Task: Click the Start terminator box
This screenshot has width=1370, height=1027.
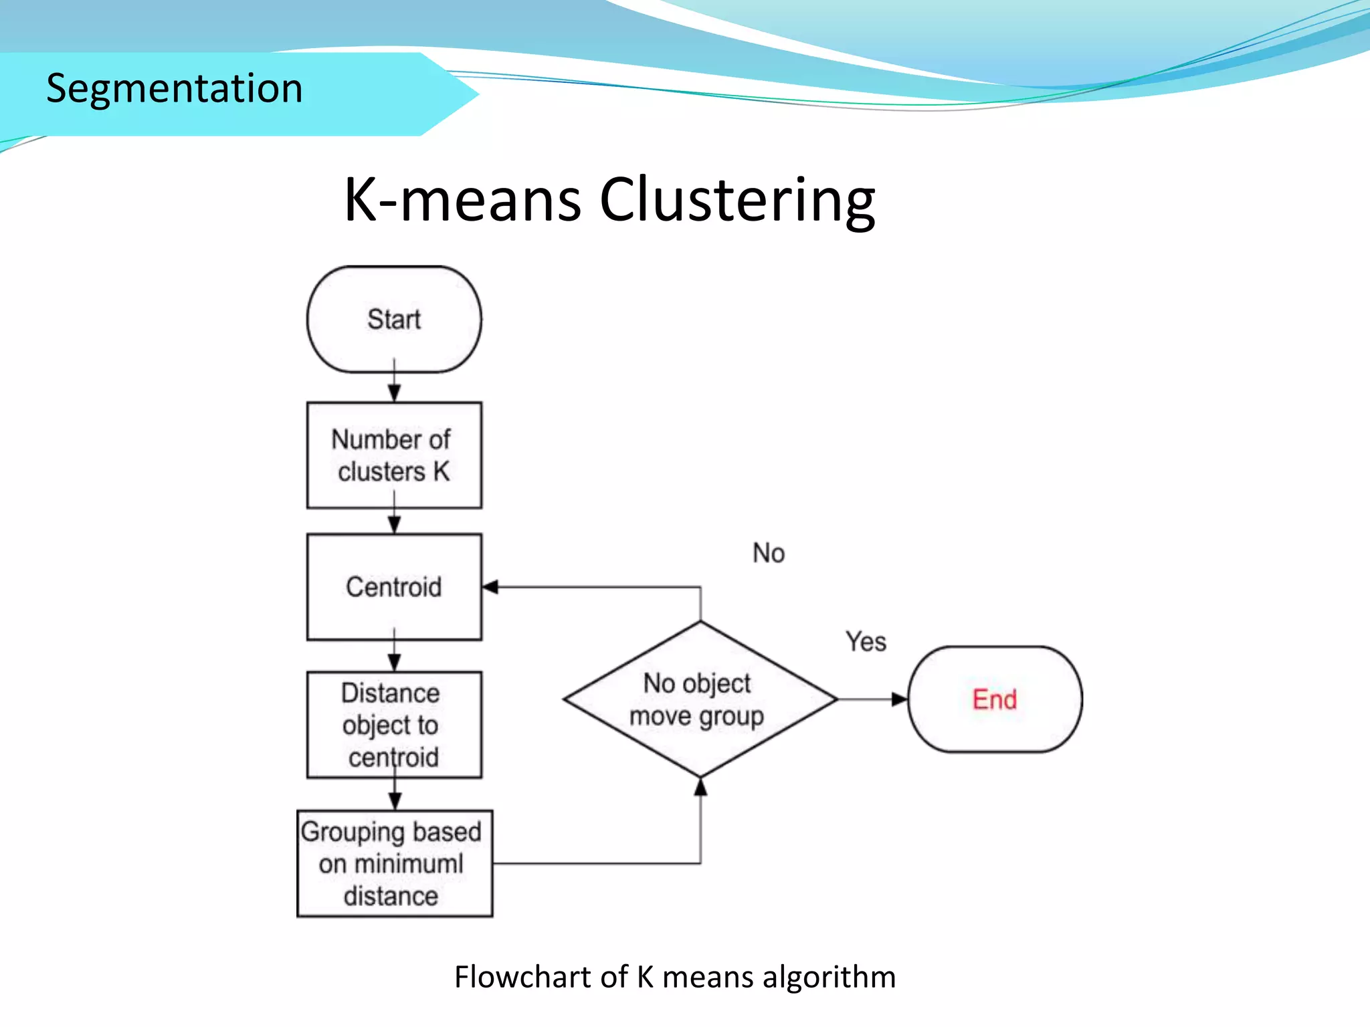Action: click(x=394, y=320)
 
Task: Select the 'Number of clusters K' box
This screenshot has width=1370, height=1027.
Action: click(x=394, y=455)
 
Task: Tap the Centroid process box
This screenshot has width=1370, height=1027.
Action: click(x=394, y=587)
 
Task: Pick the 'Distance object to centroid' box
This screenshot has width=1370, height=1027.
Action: click(x=394, y=725)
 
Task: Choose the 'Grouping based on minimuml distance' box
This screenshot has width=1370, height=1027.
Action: click(x=395, y=863)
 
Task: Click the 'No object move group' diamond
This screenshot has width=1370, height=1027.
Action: click(x=700, y=699)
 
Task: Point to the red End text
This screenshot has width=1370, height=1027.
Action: click(x=994, y=699)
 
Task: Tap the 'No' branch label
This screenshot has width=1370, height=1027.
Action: click(x=769, y=553)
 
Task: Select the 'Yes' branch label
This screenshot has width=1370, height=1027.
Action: click(x=866, y=641)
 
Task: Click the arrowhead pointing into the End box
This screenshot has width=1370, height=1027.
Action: click(x=900, y=699)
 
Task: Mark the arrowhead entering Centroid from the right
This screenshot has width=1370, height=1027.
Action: click(x=490, y=587)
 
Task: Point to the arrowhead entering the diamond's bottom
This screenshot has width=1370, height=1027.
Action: click(x=700, y=787)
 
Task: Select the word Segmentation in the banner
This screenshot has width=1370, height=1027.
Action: click(x=174, y=88)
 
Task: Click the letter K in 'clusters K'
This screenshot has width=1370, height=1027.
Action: click(x=442, y=471)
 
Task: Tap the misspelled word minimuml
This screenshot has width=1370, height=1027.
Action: click(x=408, y=863)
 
